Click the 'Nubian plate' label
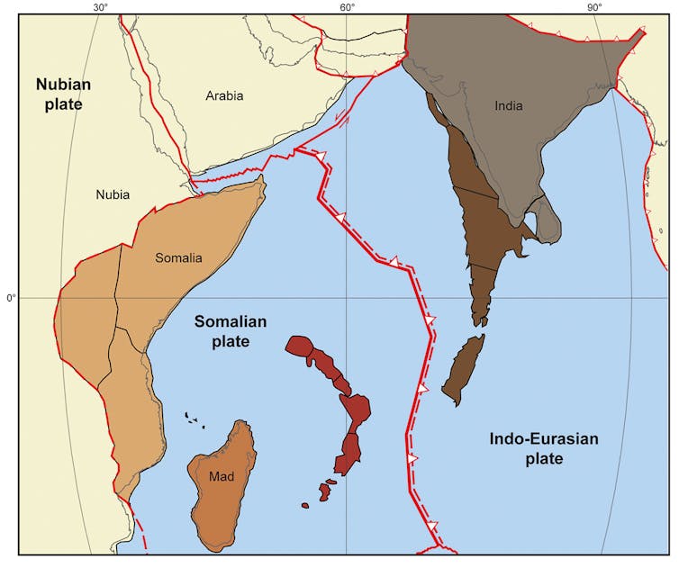(x=59, y=94)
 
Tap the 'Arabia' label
(x=224, y=95)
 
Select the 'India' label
(x=508, y=106)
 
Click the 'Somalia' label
(x=178, y=258)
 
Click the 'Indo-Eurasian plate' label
(x=543, y=448)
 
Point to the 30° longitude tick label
(x=100, y=8)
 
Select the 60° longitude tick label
(x=347, y=8)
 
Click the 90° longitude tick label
(x=594, y=8)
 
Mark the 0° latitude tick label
(x=11, y=298)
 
